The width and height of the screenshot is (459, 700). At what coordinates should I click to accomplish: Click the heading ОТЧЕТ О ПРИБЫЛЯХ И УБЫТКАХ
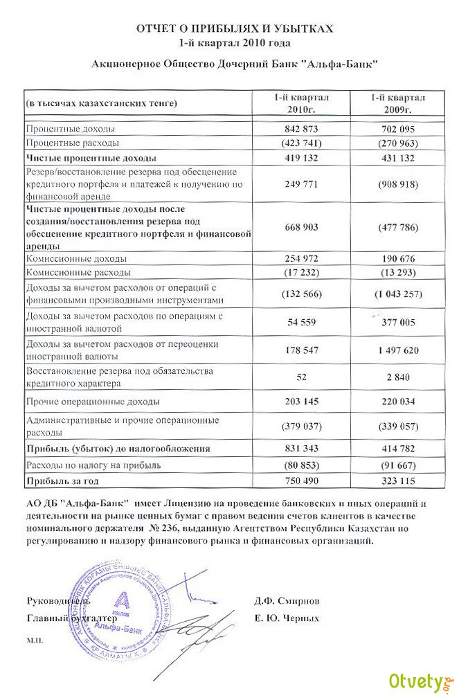[235, 29]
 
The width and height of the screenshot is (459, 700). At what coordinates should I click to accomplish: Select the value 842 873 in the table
[300, 129]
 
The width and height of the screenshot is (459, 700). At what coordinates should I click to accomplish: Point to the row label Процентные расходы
[73, 143]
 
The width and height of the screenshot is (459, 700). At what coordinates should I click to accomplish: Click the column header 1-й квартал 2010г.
[300, 104]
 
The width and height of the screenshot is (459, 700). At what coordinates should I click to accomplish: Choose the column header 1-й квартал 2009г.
[397, 104]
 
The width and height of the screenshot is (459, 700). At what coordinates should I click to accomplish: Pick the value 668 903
[300, 227]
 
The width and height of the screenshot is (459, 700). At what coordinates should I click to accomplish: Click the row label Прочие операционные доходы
[93, 402]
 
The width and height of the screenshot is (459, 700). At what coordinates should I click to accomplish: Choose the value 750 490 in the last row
[300, 480]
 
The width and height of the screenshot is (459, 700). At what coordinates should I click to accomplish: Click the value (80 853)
[300, 465]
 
